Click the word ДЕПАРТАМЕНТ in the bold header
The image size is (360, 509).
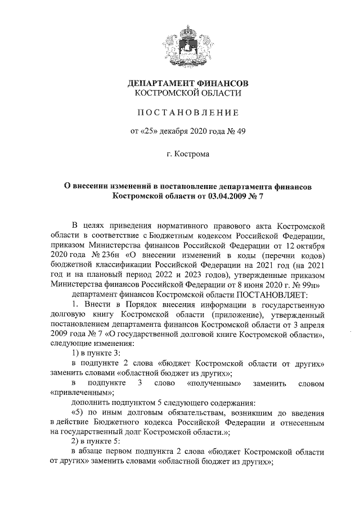[160, 83]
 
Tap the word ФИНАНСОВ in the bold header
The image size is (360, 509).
[223, 83]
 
